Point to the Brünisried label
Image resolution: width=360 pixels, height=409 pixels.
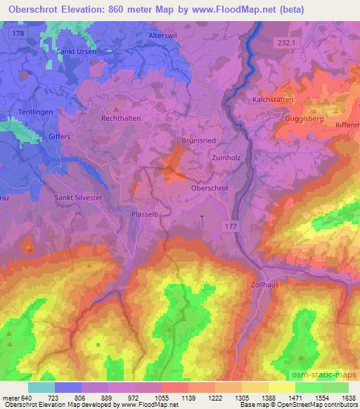[198, 140]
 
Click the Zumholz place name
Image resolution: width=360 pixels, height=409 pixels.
[226, 158]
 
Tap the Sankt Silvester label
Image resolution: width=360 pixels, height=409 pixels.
[79, 197]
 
